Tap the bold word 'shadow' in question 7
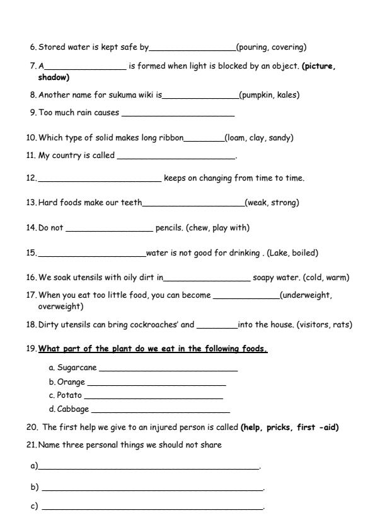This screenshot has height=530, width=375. (54, 78)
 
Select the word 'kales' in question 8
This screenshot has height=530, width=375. (286, 96)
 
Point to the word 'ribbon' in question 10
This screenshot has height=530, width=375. (171, 138)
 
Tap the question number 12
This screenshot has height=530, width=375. (32, 178)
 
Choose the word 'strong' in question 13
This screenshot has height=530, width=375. (284, 203)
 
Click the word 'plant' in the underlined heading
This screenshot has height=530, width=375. (113, 349)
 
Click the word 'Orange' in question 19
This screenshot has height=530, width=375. (71, 382)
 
